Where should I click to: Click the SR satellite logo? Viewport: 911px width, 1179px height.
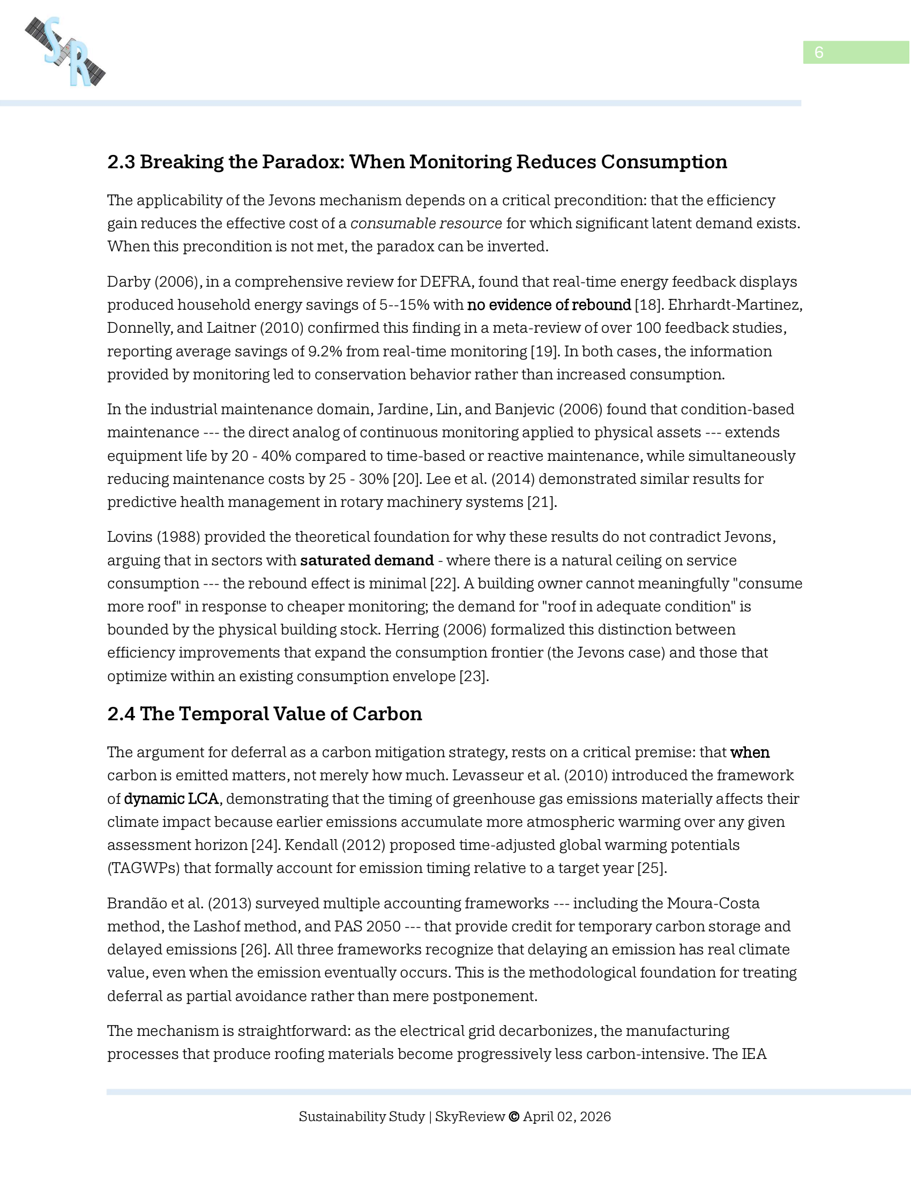coord(65,52)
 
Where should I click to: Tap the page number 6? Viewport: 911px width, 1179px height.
coord(818,53)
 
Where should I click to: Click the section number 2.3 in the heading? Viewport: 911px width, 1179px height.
coord(121,162)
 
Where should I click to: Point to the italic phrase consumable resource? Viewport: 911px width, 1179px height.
coord(426,223)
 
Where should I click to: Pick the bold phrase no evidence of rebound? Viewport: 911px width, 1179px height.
coord(549,304)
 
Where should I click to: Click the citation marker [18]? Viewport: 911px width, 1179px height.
coord(648,304)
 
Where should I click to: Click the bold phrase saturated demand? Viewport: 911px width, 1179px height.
coord(367,561)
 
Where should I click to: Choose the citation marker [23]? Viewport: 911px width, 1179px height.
coord(474,676)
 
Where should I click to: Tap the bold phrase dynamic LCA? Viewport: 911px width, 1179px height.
coord(171,799)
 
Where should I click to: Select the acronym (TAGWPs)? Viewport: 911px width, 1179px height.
coord(143,868)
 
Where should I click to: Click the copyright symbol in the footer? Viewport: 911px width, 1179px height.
coord(514,1116)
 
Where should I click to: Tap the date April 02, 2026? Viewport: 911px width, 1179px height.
coord(566,1116)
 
